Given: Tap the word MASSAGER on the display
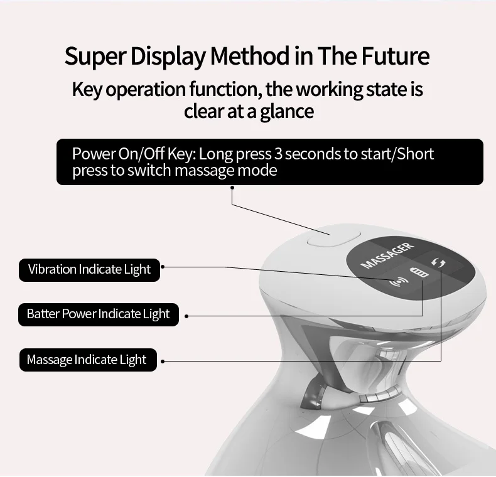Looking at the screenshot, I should coord(387,255).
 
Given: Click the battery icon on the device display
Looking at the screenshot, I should coord(418,274).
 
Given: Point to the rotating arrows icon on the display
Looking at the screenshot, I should coord(438,264).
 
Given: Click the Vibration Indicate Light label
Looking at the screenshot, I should coord(89,270).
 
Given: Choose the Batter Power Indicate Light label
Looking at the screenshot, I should coord(99,314).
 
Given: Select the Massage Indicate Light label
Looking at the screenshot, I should coord(86,360).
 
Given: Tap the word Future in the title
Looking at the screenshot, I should coord(395,56).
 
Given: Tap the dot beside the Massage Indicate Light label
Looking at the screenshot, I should coord(163,361).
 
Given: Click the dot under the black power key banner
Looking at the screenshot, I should coord(232,186).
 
